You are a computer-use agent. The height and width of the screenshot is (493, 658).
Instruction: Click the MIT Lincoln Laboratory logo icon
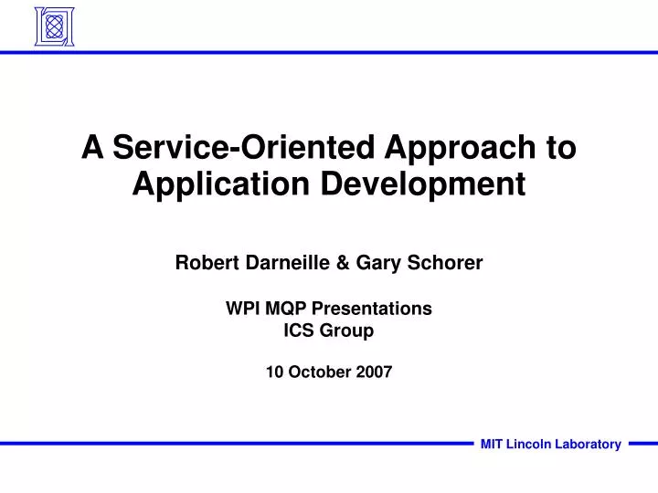(x=55, y=26)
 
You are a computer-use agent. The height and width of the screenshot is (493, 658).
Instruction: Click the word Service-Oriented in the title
(x=243, y=147)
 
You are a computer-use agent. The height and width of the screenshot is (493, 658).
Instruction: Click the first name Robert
(x=207, y=262)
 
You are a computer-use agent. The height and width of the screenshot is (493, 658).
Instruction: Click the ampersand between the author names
(x=343, y=263)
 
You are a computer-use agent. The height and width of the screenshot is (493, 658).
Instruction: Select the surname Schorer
(x=445, y=262)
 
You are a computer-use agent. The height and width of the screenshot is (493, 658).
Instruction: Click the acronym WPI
(x=243, y=309)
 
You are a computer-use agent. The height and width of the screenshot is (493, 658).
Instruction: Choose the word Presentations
(x=372, y=309)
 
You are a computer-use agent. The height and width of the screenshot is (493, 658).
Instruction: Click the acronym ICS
(x=299, y=330)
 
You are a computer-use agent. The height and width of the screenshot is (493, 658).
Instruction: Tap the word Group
(x=346, y=331)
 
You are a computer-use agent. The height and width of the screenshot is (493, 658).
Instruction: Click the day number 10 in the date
(x=274, y=372)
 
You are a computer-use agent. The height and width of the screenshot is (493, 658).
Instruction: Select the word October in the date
(x=319, y=372)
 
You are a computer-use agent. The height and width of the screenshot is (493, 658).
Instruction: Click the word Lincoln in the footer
(x=526, y=444)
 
